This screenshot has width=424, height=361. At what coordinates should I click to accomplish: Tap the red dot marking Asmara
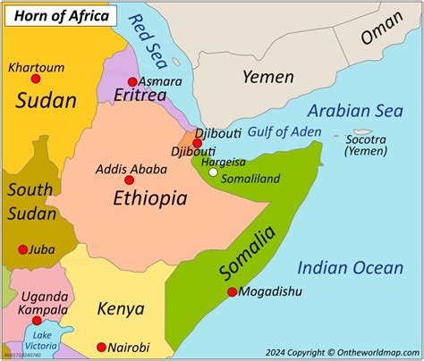tap(133, 81)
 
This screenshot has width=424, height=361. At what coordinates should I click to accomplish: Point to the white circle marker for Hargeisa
tap(213, 172)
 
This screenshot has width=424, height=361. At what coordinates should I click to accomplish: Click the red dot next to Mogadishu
tap(233, 291)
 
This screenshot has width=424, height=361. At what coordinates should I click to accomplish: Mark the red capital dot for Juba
tap(22, 249)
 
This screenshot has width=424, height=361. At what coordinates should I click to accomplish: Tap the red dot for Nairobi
tap(101, 347)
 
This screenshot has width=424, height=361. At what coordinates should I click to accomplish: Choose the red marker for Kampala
tap(37, 320)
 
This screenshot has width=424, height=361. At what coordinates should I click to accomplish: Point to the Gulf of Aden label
tap(284, 132)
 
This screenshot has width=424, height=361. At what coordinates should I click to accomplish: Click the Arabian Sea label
tap(355, 111)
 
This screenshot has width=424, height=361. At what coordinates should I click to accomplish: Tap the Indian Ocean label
tap(350, 267)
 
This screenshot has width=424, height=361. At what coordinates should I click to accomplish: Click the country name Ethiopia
tap(149, 199)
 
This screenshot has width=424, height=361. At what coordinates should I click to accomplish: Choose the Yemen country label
tap(267, 77)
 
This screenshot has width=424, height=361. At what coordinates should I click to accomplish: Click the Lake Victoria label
tap(37, 340)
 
